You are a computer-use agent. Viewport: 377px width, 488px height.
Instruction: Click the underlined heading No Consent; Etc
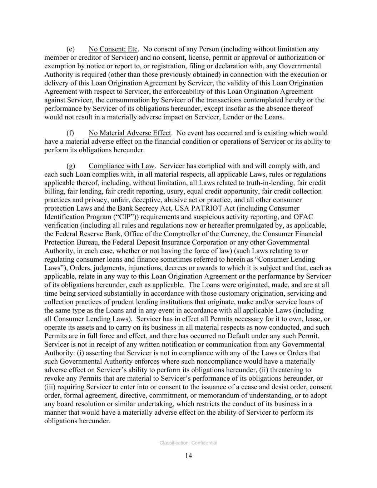[x=113, y=49]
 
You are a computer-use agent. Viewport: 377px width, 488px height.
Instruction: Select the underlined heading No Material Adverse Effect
[x=130, y=133]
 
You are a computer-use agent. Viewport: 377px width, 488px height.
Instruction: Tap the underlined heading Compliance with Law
[x=121, y=166]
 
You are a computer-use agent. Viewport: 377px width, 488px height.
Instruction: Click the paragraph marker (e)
[x=70, y=49]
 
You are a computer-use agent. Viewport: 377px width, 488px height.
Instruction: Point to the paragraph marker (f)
[x=70, y=133]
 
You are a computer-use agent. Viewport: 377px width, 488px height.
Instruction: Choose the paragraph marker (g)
[x=70, y=166]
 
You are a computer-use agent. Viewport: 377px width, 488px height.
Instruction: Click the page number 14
[x=189, y=455]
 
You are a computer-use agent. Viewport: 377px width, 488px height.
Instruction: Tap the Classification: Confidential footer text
[x=188, y=443]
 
